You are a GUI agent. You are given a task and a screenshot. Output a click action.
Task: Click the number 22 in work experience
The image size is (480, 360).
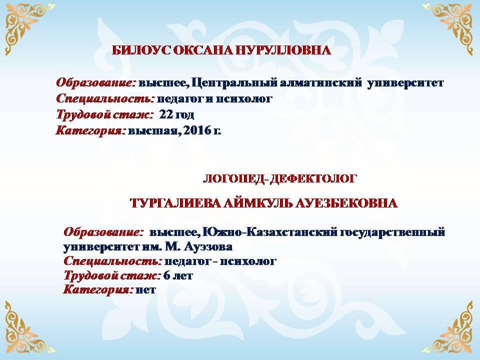pyautogui.click(x=166, y=115)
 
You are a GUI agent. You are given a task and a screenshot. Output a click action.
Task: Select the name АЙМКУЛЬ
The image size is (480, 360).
pyautogui.click(x=258, y=203)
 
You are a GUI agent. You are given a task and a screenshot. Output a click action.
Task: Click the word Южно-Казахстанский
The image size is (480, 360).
pyautogui.click(x=269, y=232)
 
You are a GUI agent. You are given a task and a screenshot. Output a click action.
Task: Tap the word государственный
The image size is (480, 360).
pyautogui.click(x=392, y=232)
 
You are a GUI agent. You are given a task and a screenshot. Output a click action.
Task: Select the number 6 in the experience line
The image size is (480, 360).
pyautogui.click(x=166, y=275)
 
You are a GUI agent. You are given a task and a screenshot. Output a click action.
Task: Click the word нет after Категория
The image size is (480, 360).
pyautogui.click(x=145, y=290)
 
